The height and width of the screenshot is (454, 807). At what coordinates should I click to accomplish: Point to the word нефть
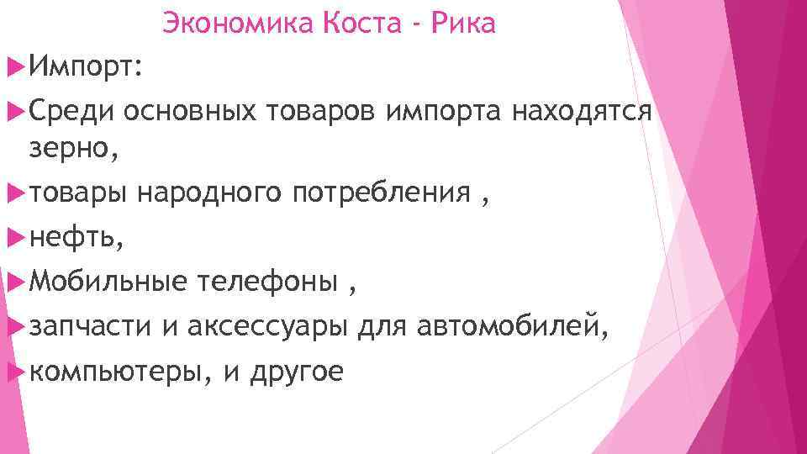(76, 239)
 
